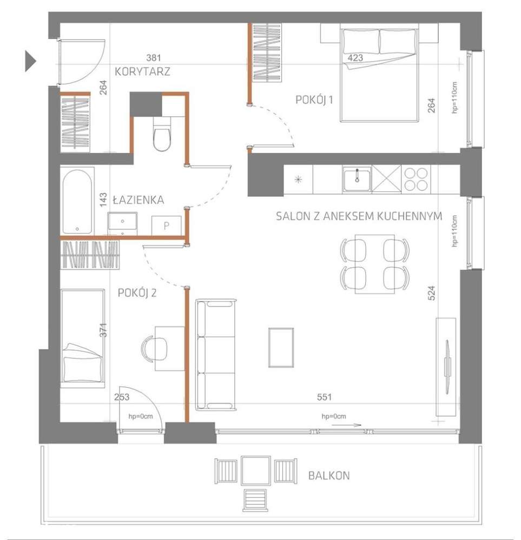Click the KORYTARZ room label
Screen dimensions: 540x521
142,71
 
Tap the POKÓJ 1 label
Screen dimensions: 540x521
314,99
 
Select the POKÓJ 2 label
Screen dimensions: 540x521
137,293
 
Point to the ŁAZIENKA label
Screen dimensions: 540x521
138,200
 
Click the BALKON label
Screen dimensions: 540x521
328,476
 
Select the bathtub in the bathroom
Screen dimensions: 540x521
77,201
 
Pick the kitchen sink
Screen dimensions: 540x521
356,179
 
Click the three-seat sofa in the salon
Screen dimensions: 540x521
216,354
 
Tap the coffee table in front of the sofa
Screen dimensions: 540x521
281,348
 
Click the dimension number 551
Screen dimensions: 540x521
325,397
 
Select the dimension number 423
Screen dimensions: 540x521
355,58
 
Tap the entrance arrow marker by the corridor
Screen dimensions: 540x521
30,60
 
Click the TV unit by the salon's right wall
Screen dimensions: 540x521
446,366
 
